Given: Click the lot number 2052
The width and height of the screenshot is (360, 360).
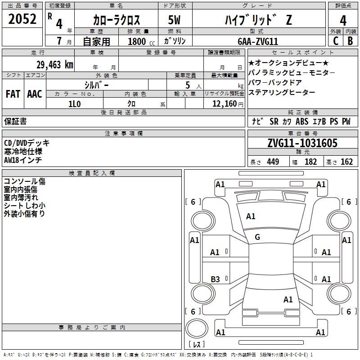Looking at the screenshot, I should coord(22,19).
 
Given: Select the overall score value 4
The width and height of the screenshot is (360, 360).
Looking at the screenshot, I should coord(343,20).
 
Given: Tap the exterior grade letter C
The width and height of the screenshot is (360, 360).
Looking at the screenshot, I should coord(335,41).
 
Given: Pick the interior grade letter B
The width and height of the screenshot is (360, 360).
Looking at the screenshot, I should coord(350,41).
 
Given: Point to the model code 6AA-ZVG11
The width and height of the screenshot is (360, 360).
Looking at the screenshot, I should coord(258,41).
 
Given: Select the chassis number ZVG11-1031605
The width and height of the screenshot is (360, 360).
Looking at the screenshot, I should coord(302,143).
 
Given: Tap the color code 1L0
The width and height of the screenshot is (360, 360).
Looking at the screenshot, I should coord(75,103).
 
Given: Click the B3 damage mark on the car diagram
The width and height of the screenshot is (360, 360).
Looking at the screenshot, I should coord(216,279).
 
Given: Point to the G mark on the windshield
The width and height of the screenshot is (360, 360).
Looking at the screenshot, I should coord(257,237).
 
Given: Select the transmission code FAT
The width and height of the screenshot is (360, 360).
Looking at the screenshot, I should coord(13,94).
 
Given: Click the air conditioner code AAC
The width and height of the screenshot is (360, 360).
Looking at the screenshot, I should coord(35,94).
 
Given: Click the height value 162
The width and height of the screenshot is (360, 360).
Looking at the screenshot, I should coord(346,162).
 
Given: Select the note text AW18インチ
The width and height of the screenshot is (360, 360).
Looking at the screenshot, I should coord(23,159).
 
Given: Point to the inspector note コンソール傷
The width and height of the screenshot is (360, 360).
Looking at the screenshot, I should coord(24,181).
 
